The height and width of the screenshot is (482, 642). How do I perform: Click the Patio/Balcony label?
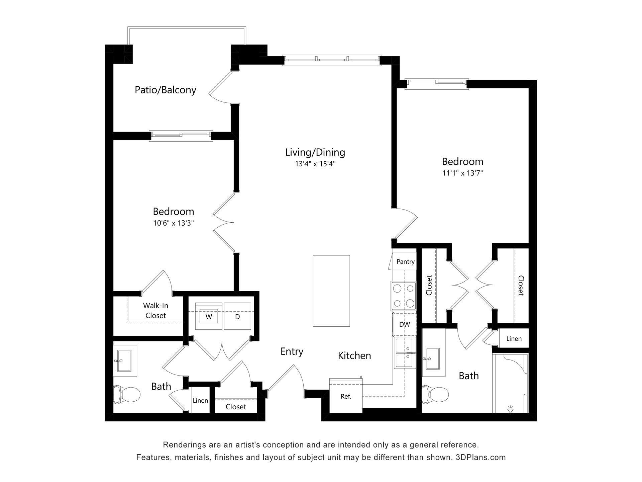point(165,90)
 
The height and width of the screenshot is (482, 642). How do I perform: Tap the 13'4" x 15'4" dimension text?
point(315,164)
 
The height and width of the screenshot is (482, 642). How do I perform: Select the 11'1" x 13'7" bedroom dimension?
point(463,173)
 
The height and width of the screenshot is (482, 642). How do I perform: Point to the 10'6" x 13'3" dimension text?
point(174,223)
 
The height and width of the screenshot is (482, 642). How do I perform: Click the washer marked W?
point(209,316)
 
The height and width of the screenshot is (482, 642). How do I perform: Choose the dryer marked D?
point(237,316)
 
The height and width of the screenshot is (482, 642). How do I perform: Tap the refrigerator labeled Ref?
point(346,396)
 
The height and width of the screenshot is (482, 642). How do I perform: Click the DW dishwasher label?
point(405,324)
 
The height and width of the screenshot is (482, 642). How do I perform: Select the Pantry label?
point(405,262)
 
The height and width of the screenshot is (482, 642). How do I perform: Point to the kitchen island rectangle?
point(331,291)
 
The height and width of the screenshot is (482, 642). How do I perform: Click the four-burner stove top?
point(404,296)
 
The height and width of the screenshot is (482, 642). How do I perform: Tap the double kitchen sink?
point(405,353)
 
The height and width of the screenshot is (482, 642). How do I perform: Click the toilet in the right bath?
point(434,394)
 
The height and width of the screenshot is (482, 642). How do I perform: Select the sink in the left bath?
point(125,361)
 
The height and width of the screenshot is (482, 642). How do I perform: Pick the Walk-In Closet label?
point(155,310)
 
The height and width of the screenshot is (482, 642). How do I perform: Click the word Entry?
point(292,351)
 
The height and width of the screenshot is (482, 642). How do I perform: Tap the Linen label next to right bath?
point(514,338)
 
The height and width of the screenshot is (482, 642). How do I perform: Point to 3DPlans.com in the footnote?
point(480,457)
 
